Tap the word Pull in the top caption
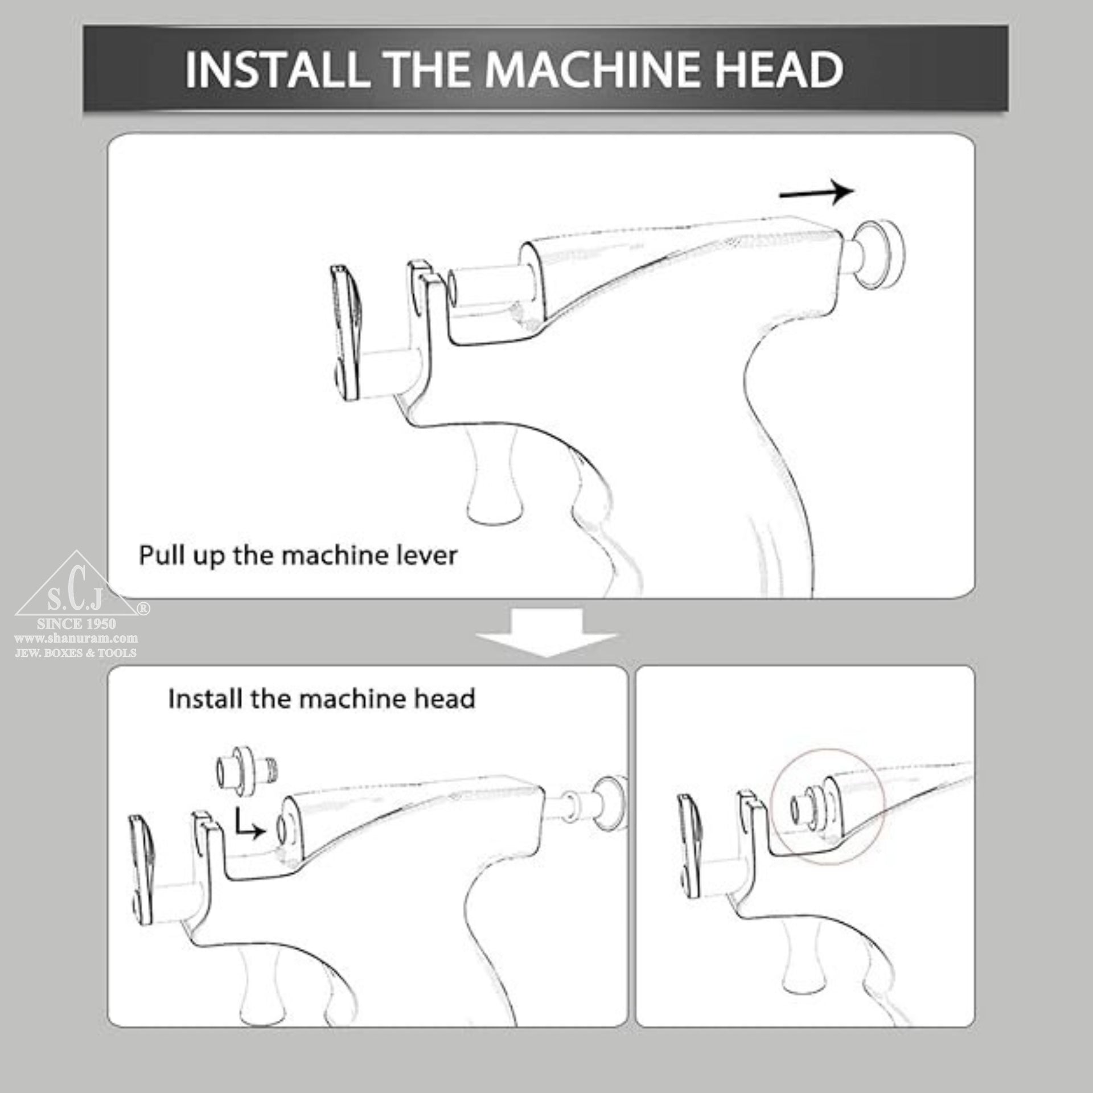click(159, 555)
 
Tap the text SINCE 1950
click(76, 624)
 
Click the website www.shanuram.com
click(76, 639)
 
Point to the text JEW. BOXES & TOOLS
click(76, 653)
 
